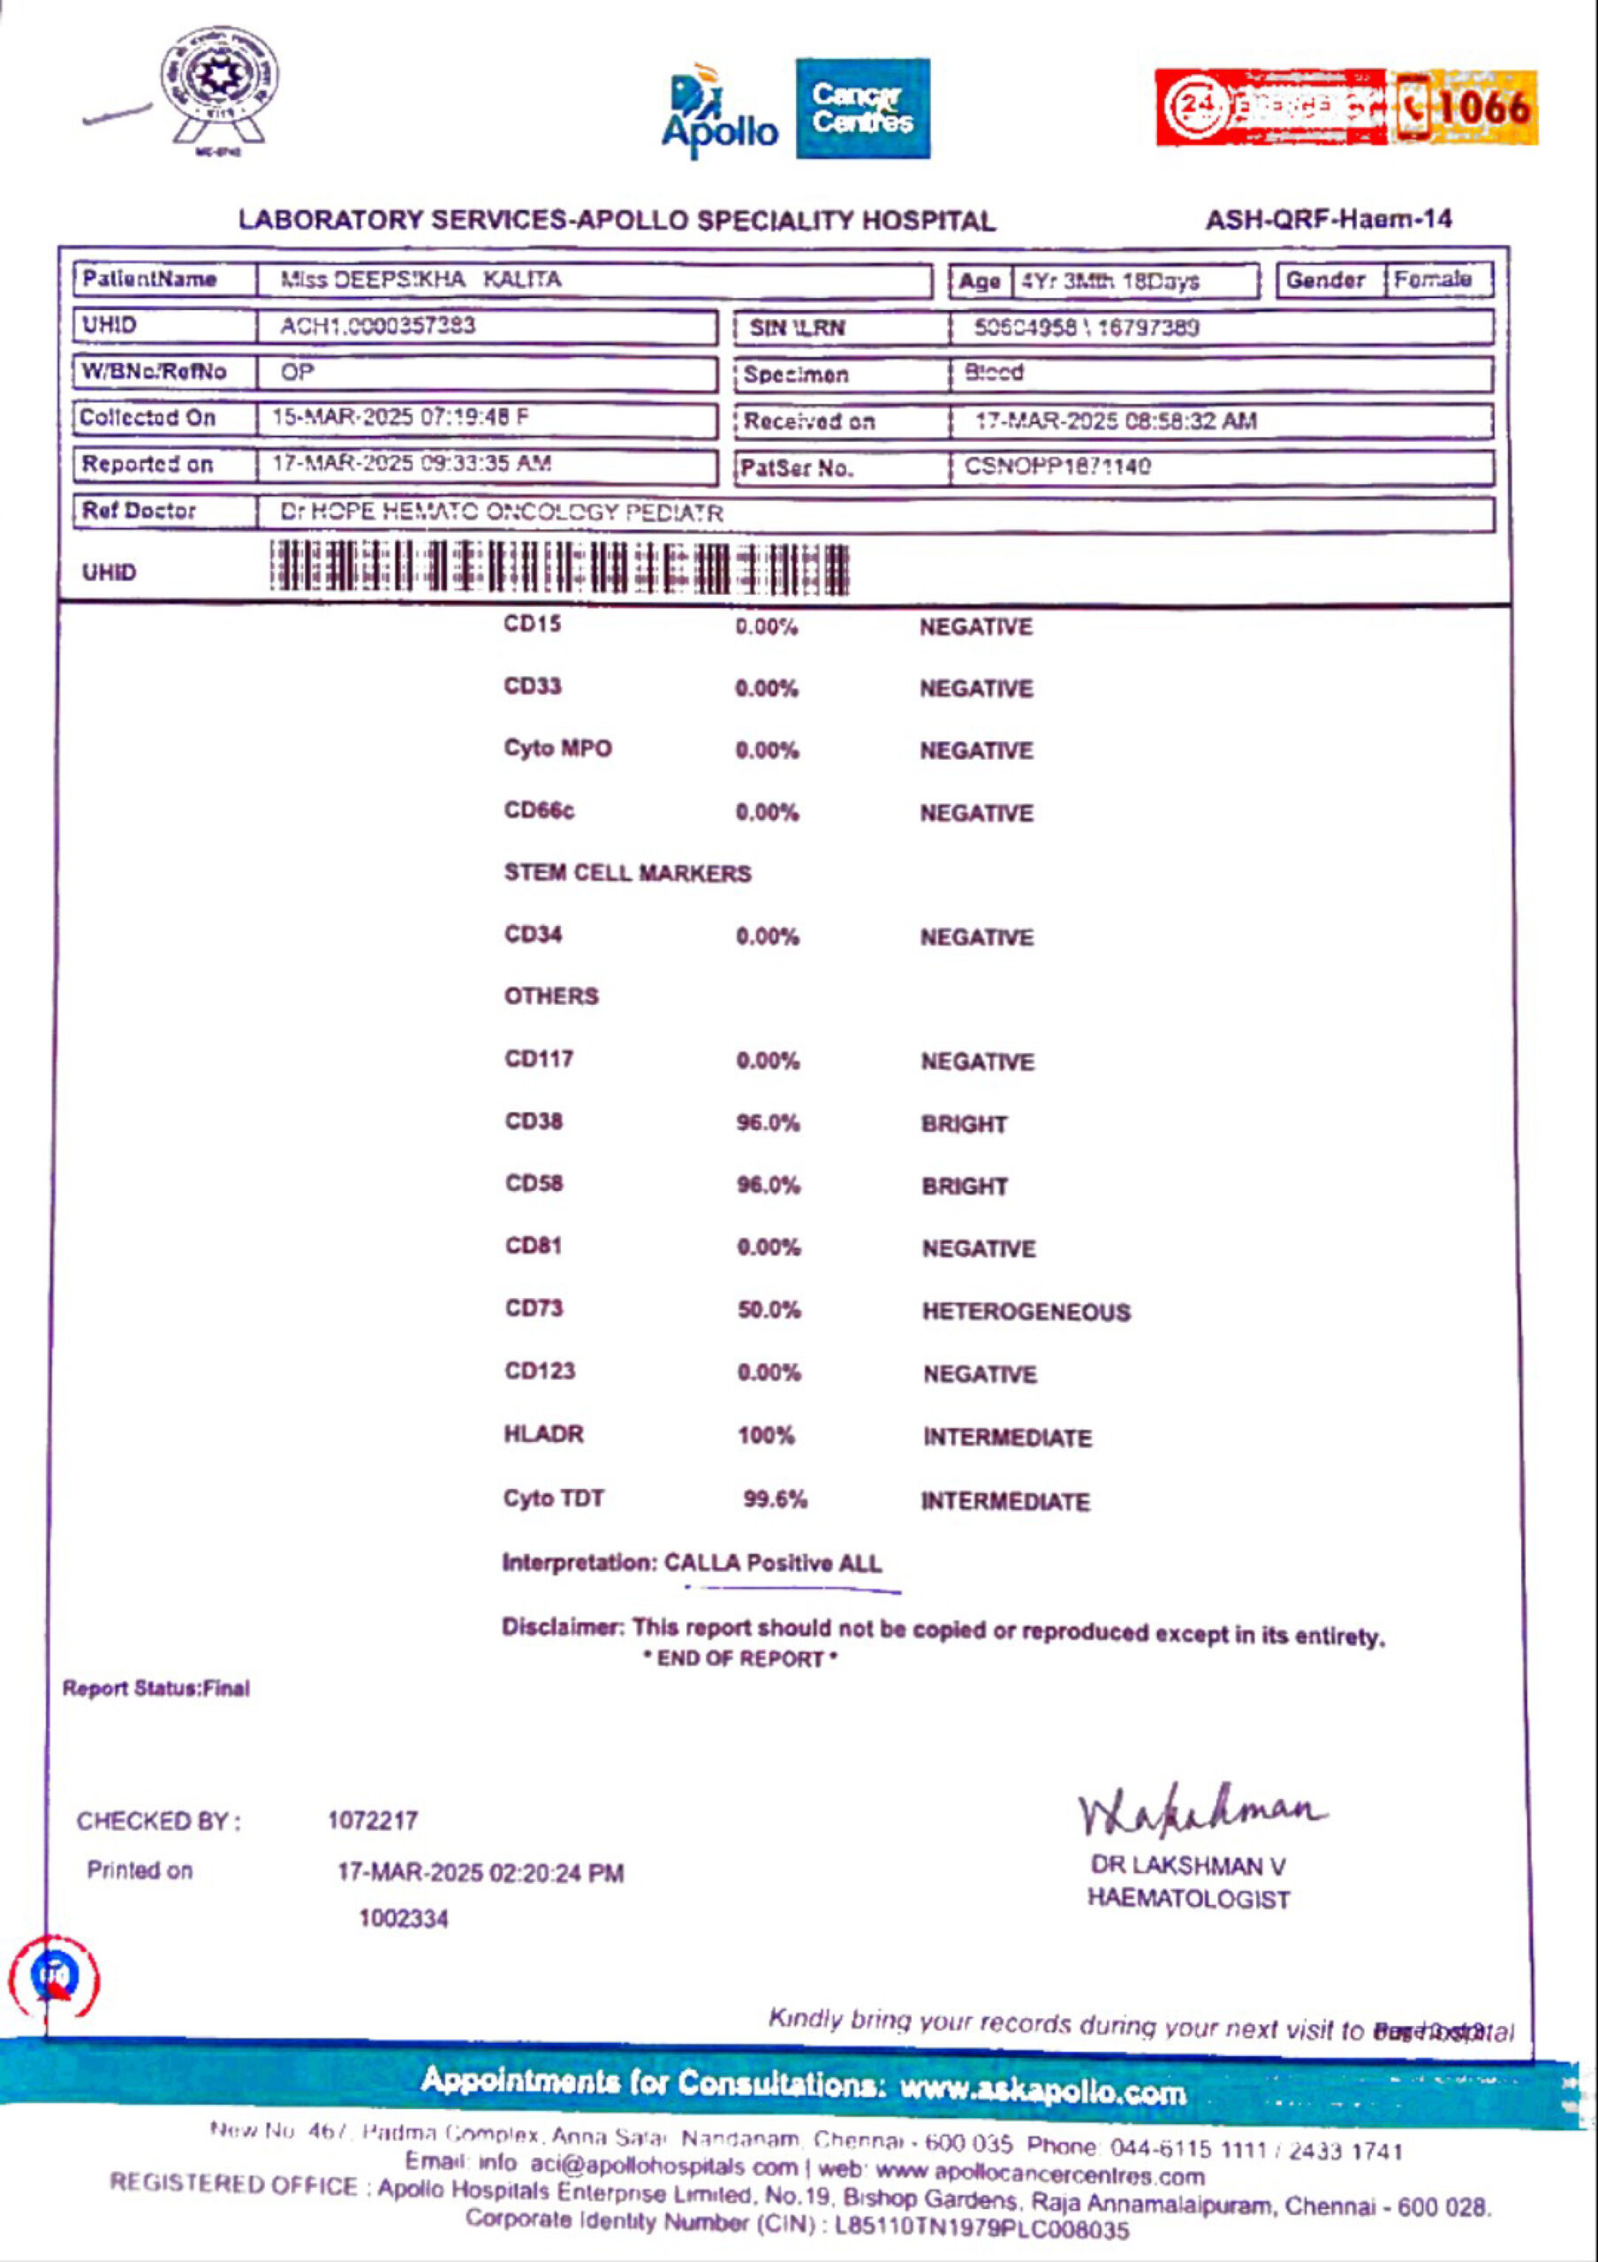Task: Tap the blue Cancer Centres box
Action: pos(862,109)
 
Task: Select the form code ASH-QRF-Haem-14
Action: pos(1328,219)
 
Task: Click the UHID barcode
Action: pos(558,569)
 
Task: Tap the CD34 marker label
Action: pos(533,934)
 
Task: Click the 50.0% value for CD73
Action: pos(769,1309)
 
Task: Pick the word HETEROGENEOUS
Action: pos(1026,1311)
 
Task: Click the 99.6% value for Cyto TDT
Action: pos(775,1499)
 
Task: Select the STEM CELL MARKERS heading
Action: pos(626,873)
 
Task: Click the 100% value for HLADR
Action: pos(766,1436)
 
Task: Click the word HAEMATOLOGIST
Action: pos(1188,1899)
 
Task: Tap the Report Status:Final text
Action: pos(155,1688)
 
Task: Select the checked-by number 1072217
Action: pos(373,1820)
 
